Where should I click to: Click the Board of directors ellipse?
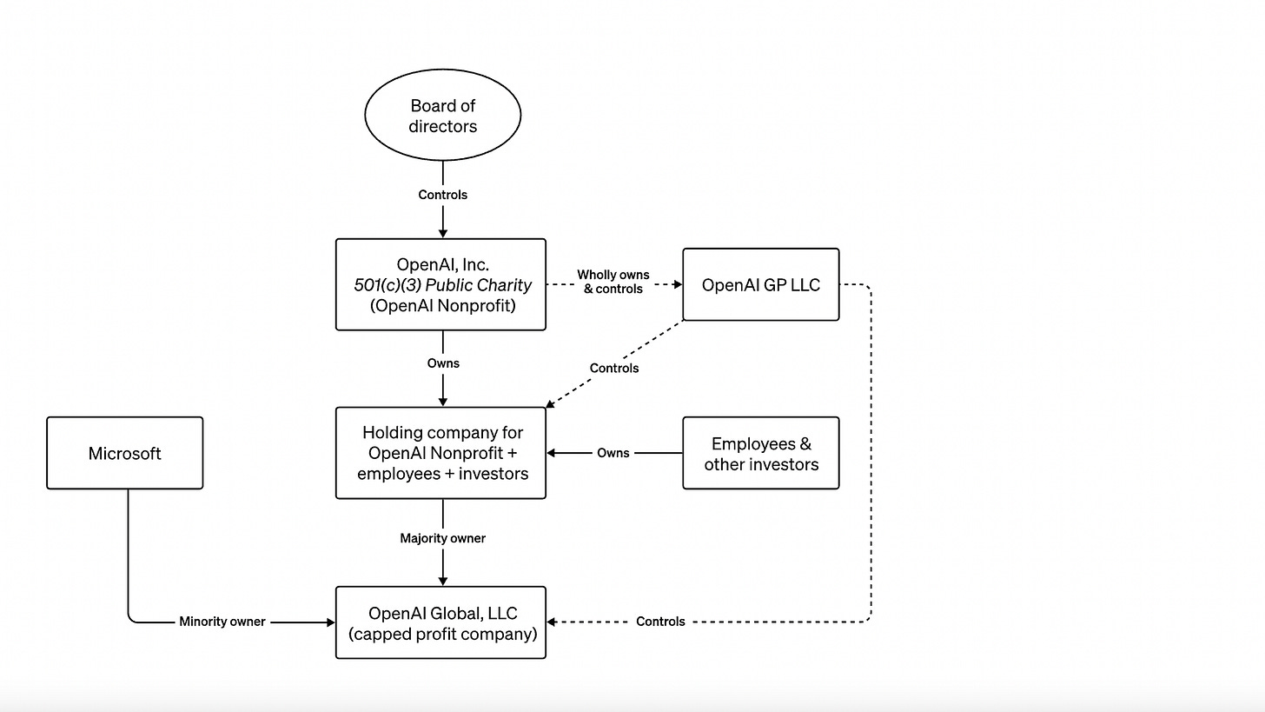(x=442, y=115)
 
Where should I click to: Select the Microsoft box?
(x=124, y=453)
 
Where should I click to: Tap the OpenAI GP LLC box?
(x=760, y=285)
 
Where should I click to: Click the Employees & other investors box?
(x=760, y=453)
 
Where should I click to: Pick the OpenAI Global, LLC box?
(x=441, y=622)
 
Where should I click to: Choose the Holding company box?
(x=441, y=453)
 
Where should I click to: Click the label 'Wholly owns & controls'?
(x=613, y=282)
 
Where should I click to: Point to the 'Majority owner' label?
(x=442, y=538)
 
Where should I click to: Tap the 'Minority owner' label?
(x=222, y=622)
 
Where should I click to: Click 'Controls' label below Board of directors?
(x=442, y=195)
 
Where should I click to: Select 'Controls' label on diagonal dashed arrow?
(x=613, y=368)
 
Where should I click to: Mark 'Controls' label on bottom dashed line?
(x=660, y=622)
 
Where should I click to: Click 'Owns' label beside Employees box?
(x=613, y=453)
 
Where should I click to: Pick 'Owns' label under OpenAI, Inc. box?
(x=442, y=363)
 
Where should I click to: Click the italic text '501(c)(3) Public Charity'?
(x=442, y=285)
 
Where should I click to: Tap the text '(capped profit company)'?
(x=442, y=634)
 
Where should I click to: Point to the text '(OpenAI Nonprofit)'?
(x=442, y=305)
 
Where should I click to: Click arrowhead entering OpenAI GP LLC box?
(x=678, y=284)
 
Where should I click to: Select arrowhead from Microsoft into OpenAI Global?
(x=330, y=622)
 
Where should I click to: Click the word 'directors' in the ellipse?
(x=442, y=126)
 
